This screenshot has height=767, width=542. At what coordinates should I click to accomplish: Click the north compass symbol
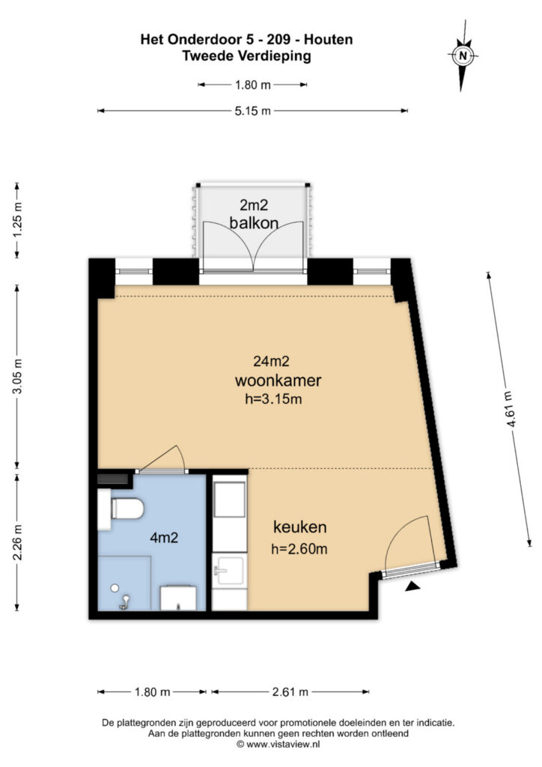coord(463,55)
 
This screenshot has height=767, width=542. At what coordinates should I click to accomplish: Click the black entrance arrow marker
coord(412,589)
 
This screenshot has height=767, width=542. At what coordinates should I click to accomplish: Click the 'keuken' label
coord(299,526)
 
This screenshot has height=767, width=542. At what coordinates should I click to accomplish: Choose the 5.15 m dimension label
coord(252,111)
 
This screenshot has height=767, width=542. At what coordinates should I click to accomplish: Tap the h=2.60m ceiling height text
coord(299,549)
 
